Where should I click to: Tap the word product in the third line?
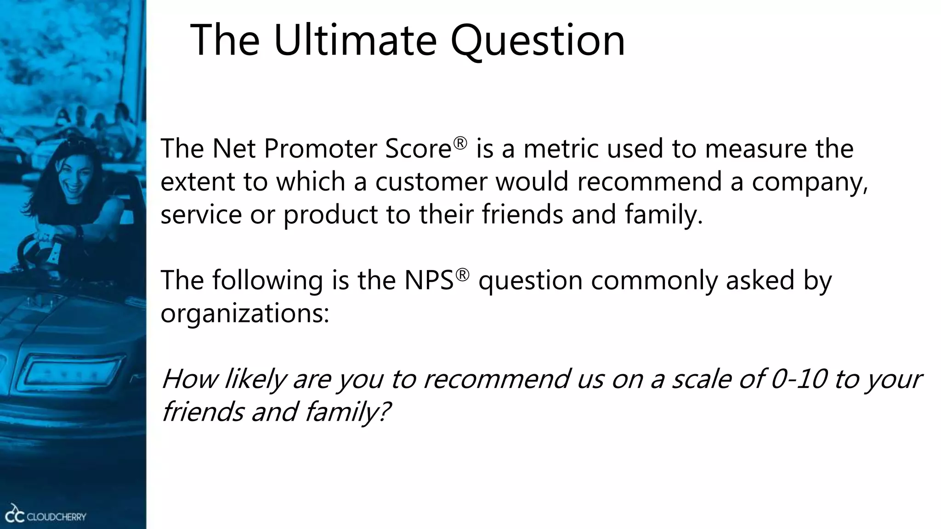[x=330, y=215]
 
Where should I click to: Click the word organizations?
[x=244, y=314]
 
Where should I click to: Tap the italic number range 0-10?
[x=798, y=379]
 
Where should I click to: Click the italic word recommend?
[x=495, y=379]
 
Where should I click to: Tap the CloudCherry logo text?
[x=56, y=517]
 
